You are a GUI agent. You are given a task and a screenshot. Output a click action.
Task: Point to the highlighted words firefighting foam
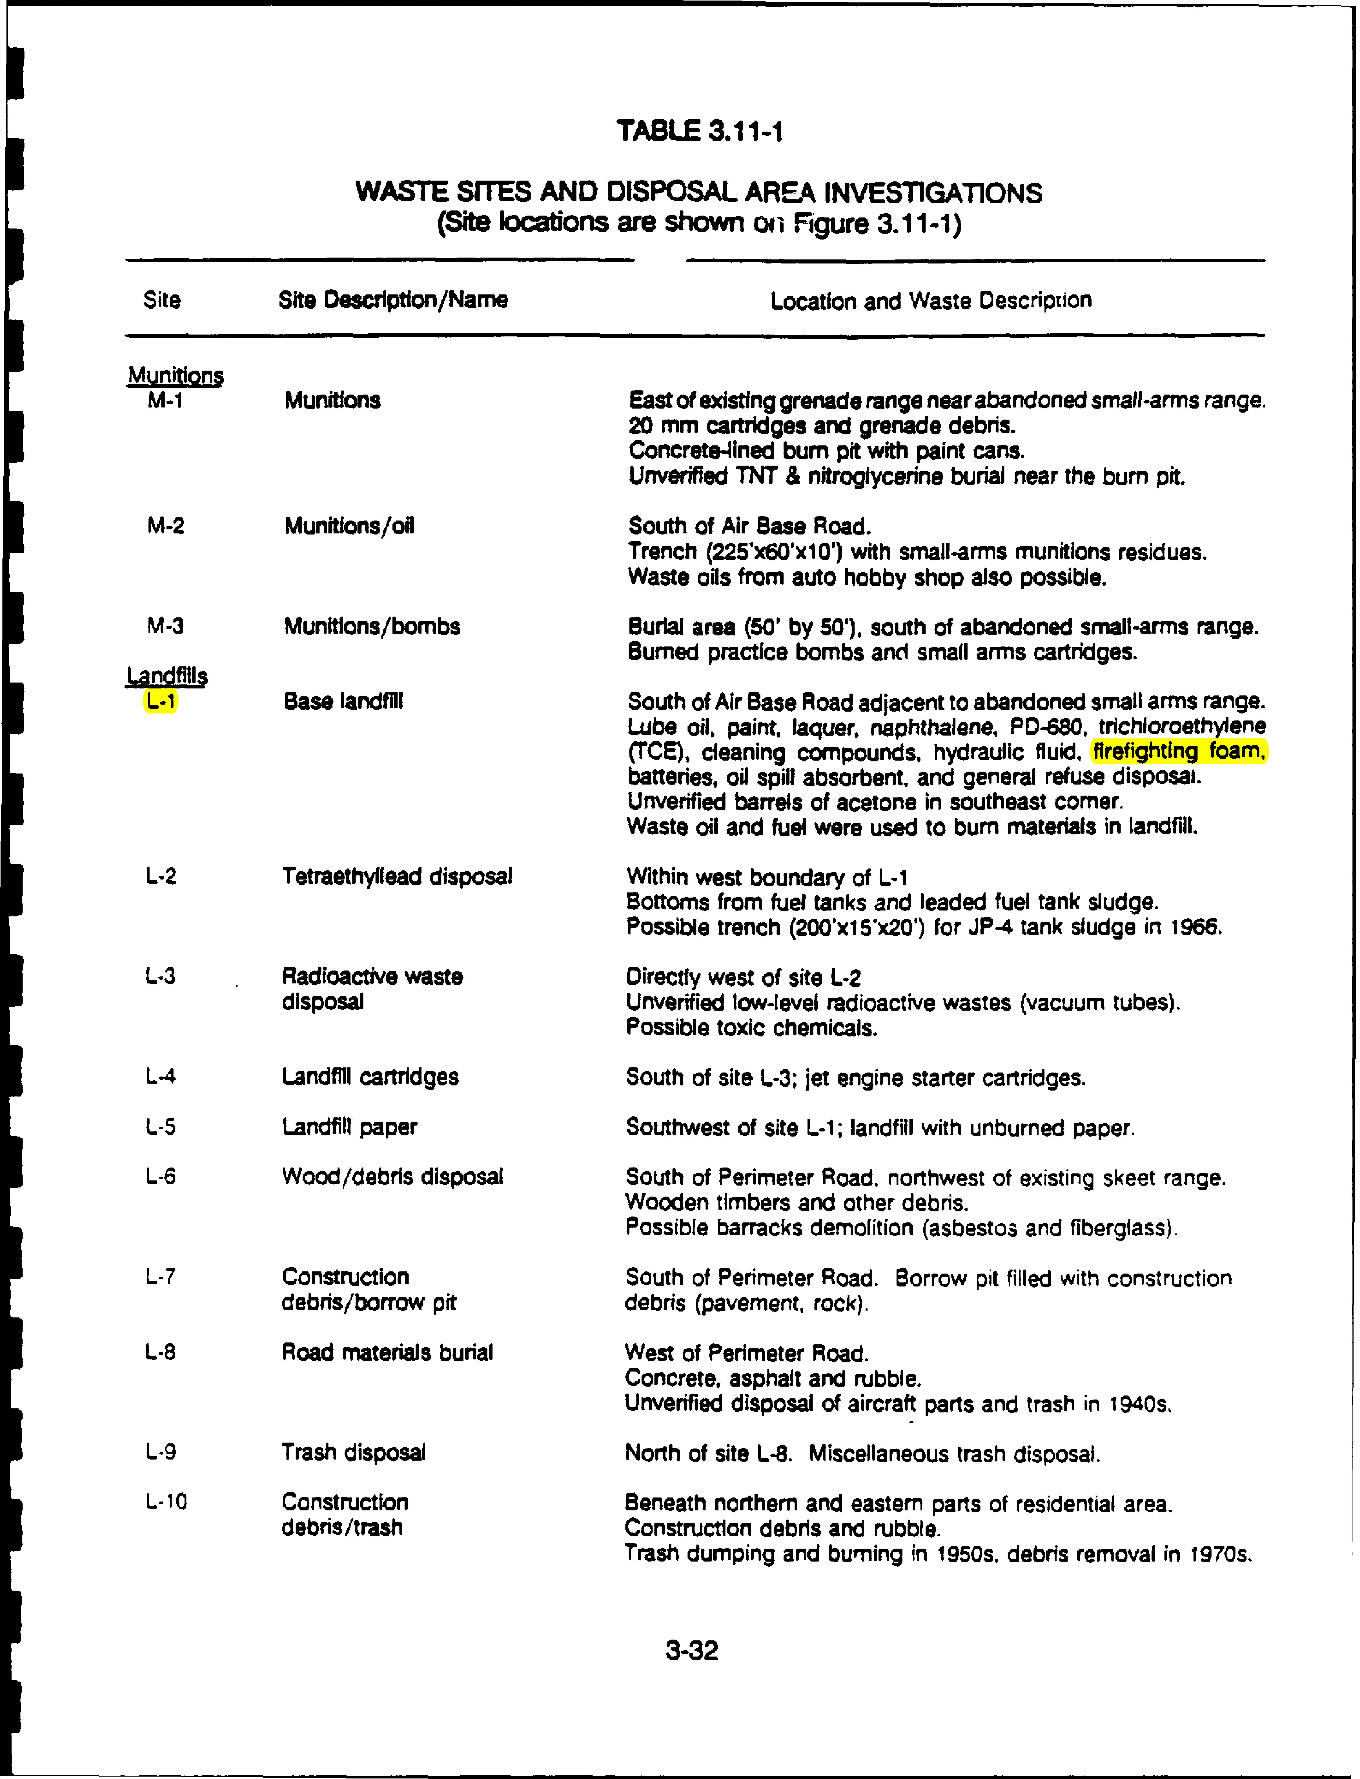tap(1179, 751)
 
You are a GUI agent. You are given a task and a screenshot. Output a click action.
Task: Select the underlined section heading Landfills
tap(167, 675)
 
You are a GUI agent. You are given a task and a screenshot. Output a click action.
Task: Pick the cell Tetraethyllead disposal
tap(397, 876)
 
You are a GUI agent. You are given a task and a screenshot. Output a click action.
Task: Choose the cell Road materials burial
tap(387, 1352)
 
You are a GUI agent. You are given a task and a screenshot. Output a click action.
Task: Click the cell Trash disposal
tap(353, 1452)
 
